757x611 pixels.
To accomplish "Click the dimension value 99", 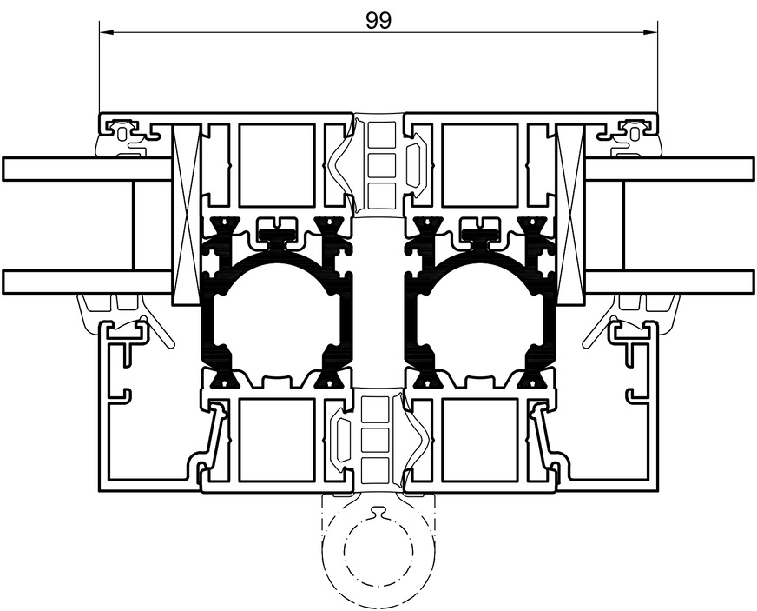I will coord(378,20).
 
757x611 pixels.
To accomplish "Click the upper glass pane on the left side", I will coord(87,169).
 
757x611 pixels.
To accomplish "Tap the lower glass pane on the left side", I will coord(87,282).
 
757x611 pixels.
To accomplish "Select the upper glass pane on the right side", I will coord(668,169).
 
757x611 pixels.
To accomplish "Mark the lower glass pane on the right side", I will coord(668,282).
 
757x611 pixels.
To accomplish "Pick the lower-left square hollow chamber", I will coord(276,439).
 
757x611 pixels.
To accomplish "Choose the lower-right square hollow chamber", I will coord(480,439).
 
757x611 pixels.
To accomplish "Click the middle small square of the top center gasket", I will coord(378,165).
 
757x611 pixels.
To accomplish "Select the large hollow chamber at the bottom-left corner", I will coord(152,408).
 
